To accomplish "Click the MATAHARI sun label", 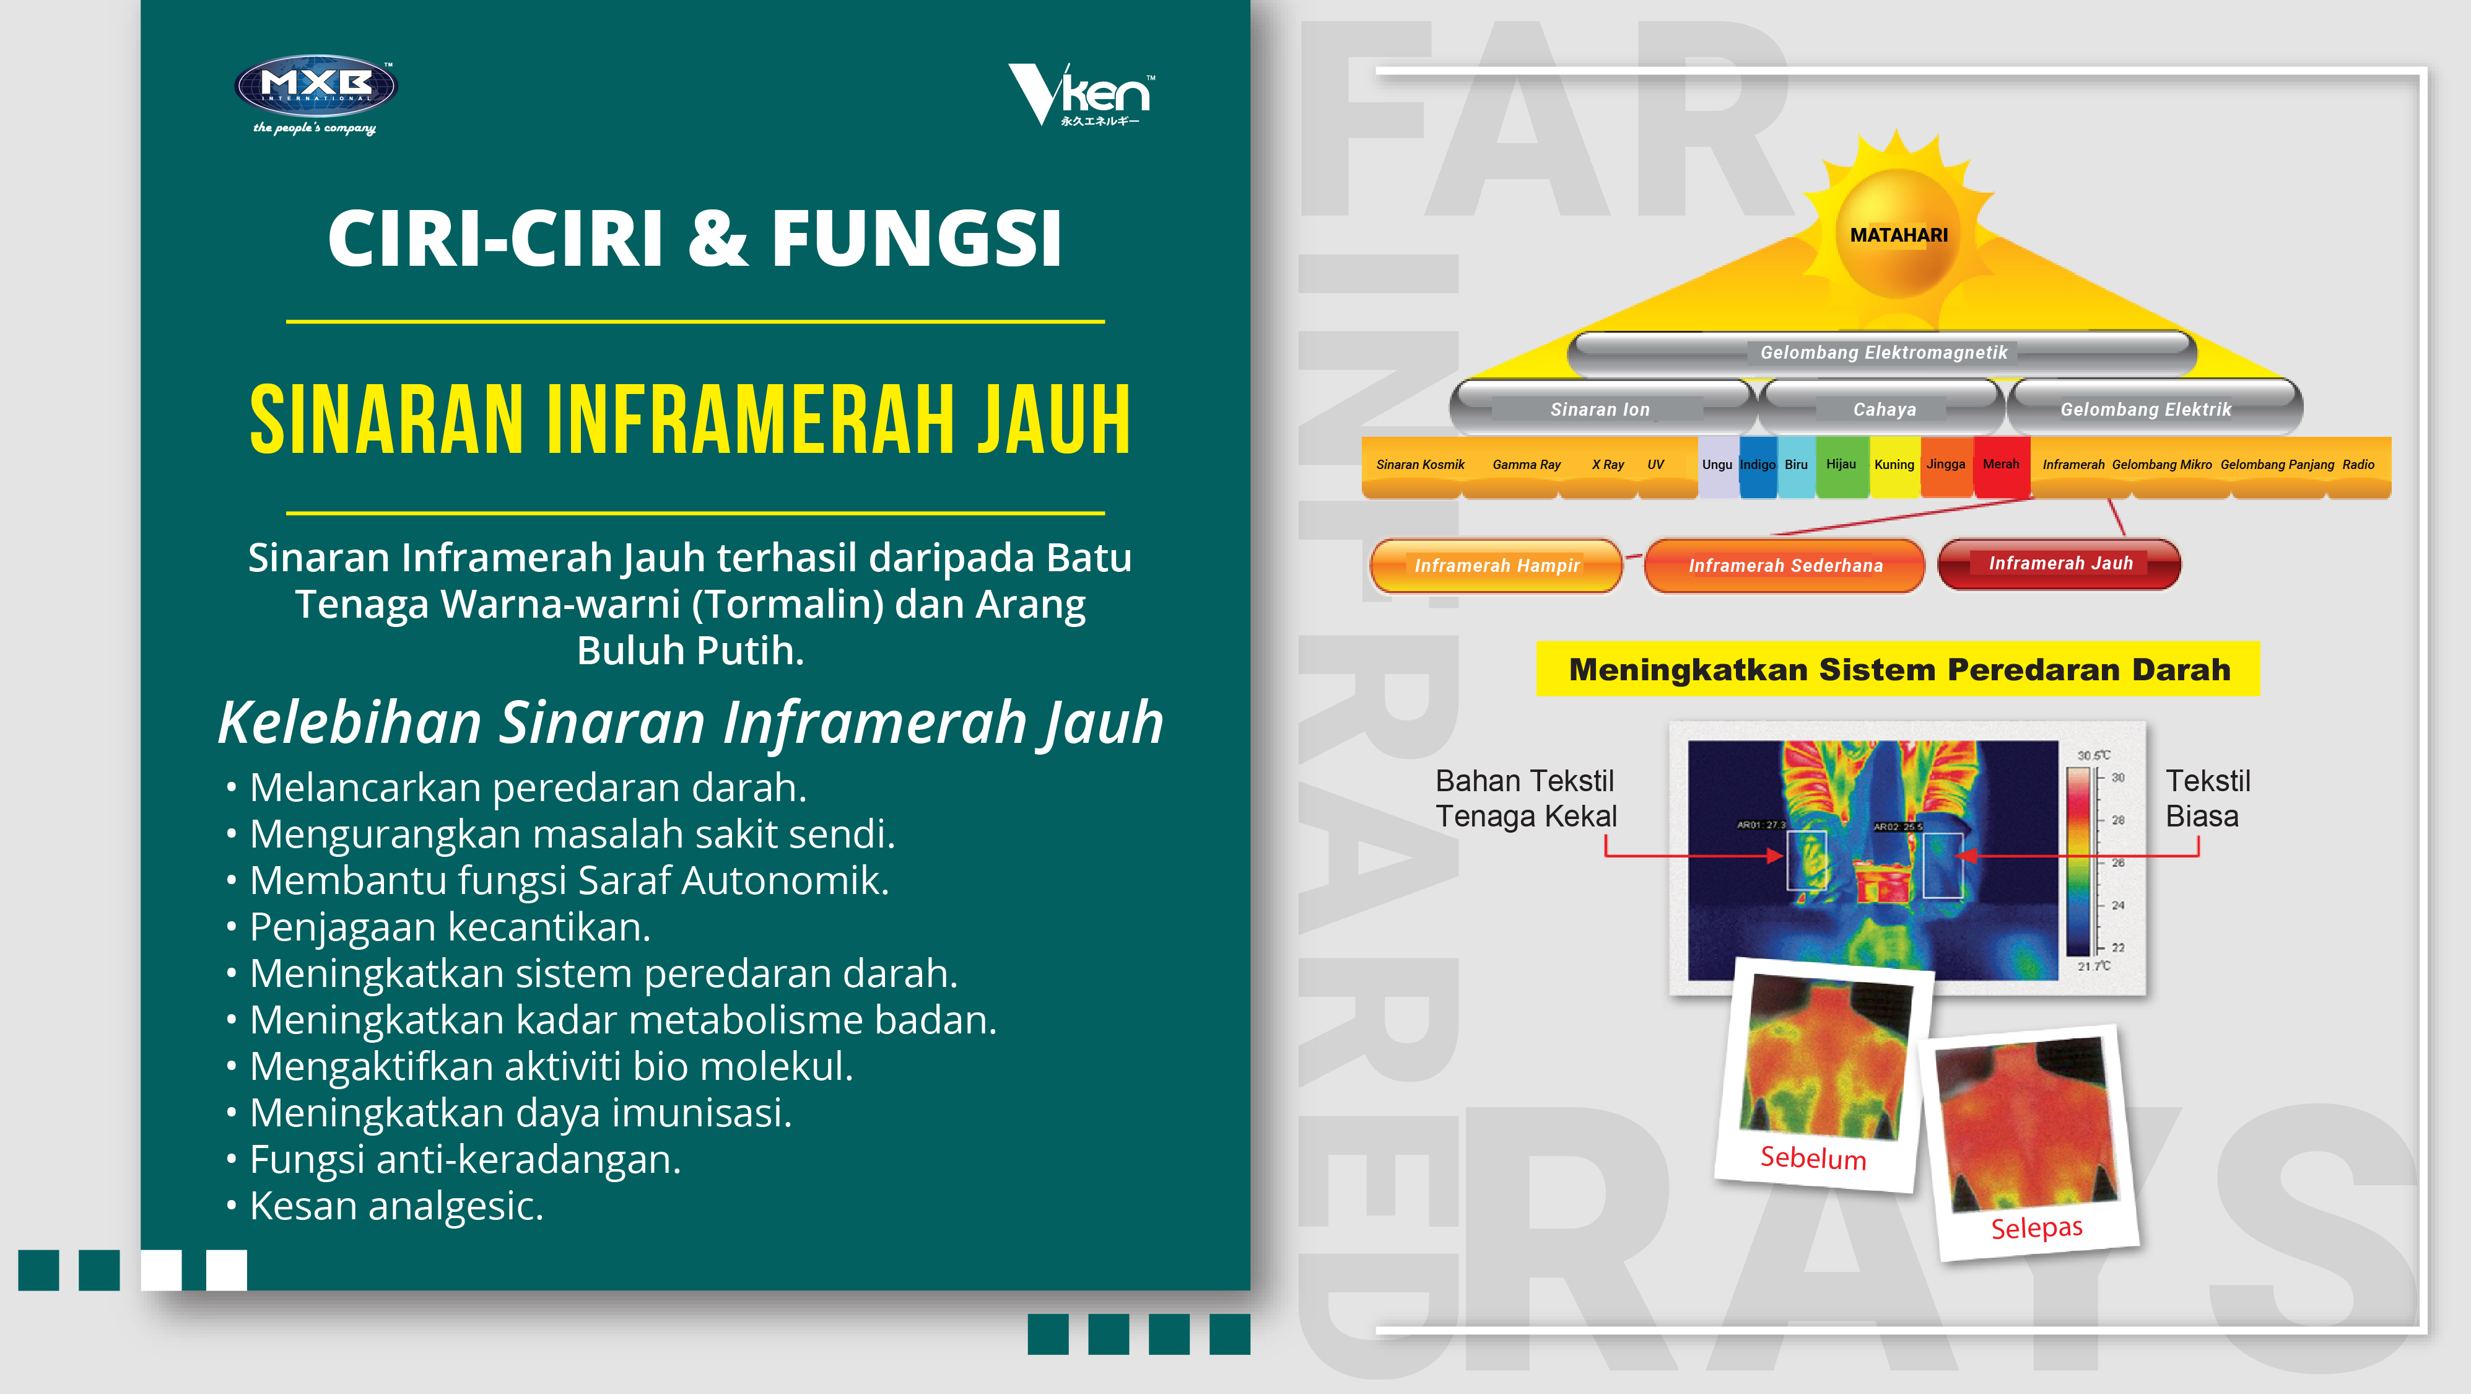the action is point(1898,235).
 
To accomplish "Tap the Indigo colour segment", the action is point(1758,467).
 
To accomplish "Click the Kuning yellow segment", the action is point(1894,467).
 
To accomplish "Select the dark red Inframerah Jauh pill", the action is point(2060,563).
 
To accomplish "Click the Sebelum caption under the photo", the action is point(1813,1158).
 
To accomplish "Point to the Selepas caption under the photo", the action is point(2036,1227).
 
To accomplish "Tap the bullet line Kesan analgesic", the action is point(386,1206).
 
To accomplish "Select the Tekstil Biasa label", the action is point(2207,798).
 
